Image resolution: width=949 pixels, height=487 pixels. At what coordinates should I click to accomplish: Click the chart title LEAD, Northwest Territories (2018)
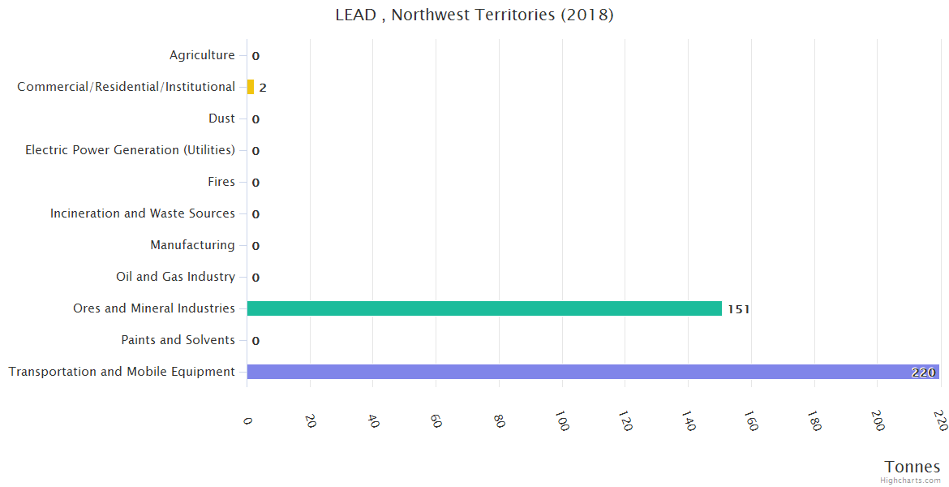click(474, 15)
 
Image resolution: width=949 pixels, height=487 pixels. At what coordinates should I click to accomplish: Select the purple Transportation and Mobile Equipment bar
click(592, 372)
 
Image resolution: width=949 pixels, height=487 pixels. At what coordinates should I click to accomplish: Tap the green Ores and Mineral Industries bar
click(484, 308)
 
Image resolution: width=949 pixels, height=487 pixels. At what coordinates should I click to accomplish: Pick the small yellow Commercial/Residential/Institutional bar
click(251, 87)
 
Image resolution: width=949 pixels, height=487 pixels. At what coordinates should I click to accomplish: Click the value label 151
click(738, 309)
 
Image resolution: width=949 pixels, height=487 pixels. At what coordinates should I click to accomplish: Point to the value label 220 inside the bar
click(923, 373)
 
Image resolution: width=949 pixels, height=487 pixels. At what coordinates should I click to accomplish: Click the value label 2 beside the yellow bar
click(263, 88)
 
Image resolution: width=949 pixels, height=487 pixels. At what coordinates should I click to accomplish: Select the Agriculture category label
click(202, 55)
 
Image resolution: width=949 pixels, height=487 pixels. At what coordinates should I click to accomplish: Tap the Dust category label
click(221, 119)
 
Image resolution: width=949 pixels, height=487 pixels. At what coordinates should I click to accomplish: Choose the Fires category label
click(221, 182)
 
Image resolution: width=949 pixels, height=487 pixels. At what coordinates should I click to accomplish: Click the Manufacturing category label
click(192, 245)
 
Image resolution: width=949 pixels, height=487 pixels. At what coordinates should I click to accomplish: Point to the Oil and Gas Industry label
click(175, 277)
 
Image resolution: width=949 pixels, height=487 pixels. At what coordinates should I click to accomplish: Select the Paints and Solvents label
click(178, 340)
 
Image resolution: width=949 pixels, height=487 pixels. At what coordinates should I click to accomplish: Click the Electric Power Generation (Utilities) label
click(130, 150)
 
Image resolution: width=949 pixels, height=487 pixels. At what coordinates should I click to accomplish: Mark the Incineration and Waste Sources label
click(142, 213)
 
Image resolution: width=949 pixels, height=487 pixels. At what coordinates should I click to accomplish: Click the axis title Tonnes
click(912, 467)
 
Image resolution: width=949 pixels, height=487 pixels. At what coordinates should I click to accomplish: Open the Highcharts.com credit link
click(910, 481)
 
